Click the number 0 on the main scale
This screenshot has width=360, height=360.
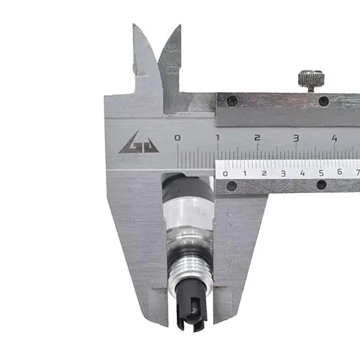pos(177,138)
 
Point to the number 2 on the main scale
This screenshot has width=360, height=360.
pos(257,138)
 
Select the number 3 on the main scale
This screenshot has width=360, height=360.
pos(297,138)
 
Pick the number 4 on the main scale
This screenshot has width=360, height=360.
pos(335,138)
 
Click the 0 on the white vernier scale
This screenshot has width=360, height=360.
pos(225,174)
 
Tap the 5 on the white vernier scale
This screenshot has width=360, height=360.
pos(321,173)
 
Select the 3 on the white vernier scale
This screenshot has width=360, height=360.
pos(283,174)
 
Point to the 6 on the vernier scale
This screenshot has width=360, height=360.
pos(339,171)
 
